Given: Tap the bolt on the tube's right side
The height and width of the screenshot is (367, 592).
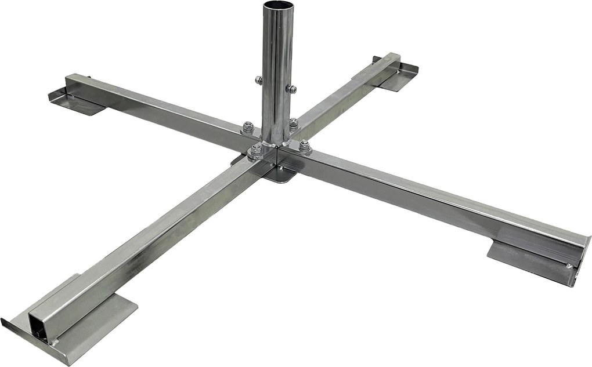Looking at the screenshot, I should click(x=293, y=89).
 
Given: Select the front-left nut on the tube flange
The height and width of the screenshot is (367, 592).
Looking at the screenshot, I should click(x=256, y=151).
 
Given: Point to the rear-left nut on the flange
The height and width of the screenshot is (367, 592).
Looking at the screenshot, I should click(x=248, y=126).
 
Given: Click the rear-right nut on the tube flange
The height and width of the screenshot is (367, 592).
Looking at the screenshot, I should click(x=293, y=122).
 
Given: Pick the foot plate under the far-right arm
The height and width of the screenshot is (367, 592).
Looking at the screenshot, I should click(x=400, y=75).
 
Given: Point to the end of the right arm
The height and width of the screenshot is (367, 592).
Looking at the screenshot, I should click(x=580, y=255).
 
